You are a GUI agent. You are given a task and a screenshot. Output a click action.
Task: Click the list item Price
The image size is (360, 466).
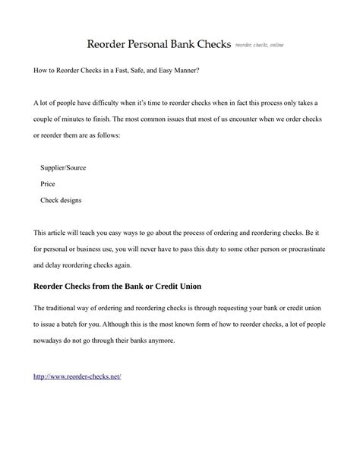(x=48, y=184)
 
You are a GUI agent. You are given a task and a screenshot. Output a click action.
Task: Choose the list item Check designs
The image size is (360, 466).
(x=61, y=201)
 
